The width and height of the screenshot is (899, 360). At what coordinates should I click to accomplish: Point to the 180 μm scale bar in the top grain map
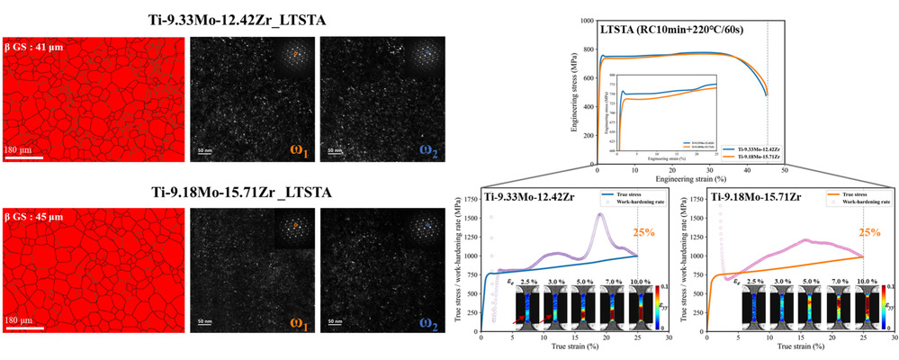24,158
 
